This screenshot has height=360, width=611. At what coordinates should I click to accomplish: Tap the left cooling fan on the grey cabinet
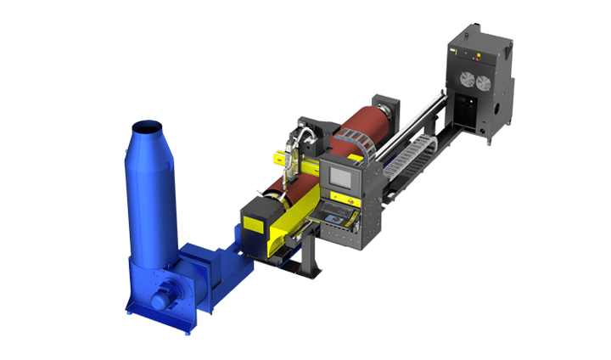(466, 79)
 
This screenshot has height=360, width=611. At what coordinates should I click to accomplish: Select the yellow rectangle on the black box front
(254, 223)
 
